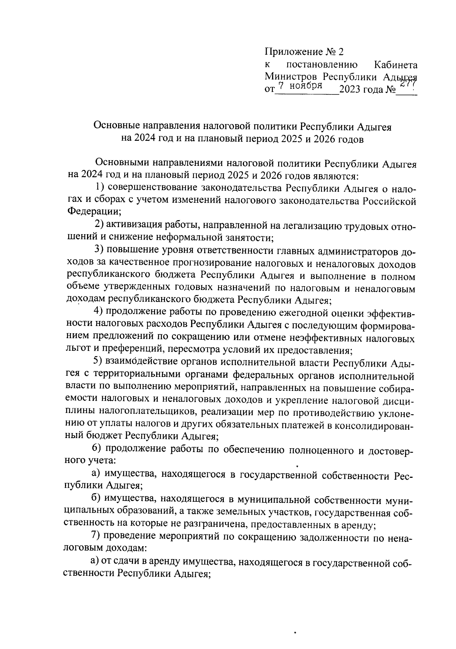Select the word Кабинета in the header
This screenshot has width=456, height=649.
[396, 65]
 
